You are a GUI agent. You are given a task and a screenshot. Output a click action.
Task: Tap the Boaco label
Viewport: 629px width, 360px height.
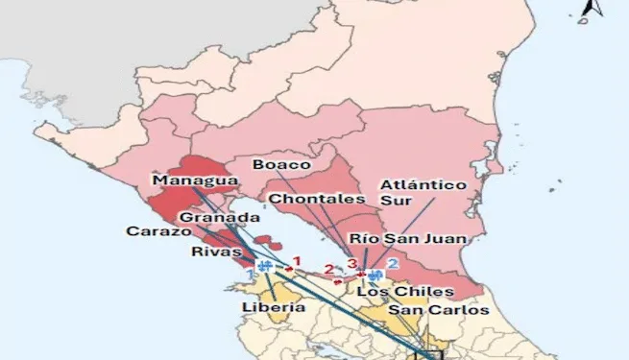point(279,164)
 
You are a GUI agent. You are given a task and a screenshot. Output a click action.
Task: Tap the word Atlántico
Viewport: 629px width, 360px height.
point(423,184)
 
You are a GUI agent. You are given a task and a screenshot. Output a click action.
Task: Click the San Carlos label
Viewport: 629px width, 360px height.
point(438,310)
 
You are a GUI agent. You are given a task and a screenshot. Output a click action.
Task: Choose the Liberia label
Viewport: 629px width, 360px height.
point(274,307)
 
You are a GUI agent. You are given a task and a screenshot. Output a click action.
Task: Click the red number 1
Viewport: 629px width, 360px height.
point(298,260)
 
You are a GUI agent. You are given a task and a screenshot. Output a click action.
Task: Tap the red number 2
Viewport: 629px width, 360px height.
point(329,270)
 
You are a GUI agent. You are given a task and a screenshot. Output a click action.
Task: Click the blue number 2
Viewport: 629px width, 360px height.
point(392,263)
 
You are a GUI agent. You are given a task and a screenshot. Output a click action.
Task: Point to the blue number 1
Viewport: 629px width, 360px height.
point(253,275)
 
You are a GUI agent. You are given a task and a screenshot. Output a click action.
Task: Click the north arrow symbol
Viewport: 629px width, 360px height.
point(592,10)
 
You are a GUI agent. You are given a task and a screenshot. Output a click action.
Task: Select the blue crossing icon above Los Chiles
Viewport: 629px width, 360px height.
point(375,274)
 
